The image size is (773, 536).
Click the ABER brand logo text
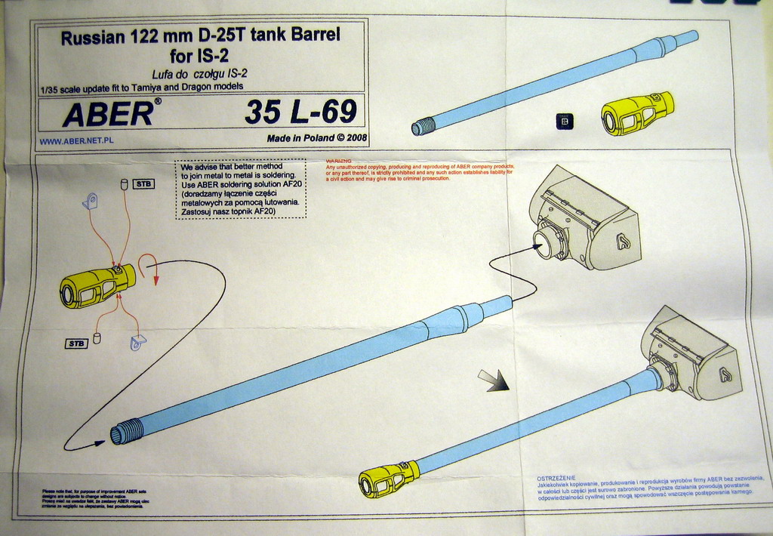(109, 114)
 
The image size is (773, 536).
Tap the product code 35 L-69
(300, 112)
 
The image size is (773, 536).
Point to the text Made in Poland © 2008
(316, 138)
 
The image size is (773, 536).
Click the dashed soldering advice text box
(240, 189)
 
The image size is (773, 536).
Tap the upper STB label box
(143, 183)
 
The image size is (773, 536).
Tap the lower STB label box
(76, 343)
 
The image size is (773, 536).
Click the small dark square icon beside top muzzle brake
(564, 121)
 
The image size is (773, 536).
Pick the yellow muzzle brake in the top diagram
(636, 114)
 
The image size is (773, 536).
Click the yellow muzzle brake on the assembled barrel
(389, 479)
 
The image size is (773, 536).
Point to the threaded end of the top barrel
(423, 126)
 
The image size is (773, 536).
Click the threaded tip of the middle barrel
(126, 433)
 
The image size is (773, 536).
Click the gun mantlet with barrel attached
(692, 355)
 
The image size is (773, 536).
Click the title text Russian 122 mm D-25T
(200, 36)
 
